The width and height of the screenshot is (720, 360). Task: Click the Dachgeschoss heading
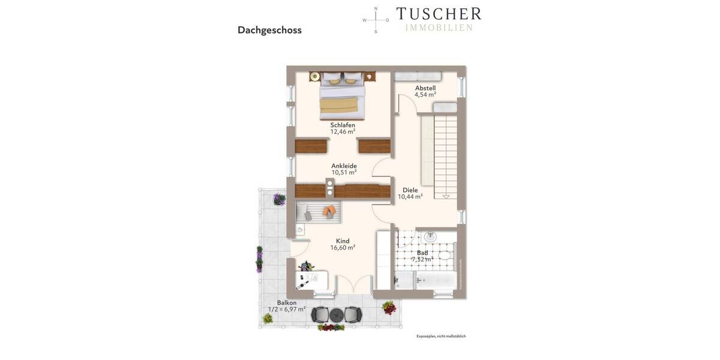tap(269, 30)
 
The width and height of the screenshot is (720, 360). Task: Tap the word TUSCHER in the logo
tap(438, 14)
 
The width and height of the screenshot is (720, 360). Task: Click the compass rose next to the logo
tap(376, 20)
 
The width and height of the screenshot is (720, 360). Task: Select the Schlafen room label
tap(343, 125)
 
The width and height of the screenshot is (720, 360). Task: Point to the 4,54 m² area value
tap(425, 94)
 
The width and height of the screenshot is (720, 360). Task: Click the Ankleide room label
tap(344, 166)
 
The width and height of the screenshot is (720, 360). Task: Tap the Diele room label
tap(410, 190)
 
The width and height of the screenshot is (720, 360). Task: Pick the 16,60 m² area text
tap(343, 247)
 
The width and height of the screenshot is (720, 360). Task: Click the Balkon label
tap(287, 302)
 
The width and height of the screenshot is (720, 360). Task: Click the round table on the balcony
tap(336, 314)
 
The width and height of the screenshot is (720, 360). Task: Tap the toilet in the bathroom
tap(445, 256)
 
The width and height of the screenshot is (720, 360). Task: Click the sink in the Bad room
tap(431, 238)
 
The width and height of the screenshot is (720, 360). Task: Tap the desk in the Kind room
tap(311, 281)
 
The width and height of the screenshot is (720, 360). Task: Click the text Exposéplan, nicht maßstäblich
tap(440, 336)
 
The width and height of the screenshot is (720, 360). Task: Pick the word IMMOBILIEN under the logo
tap(439, 28)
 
